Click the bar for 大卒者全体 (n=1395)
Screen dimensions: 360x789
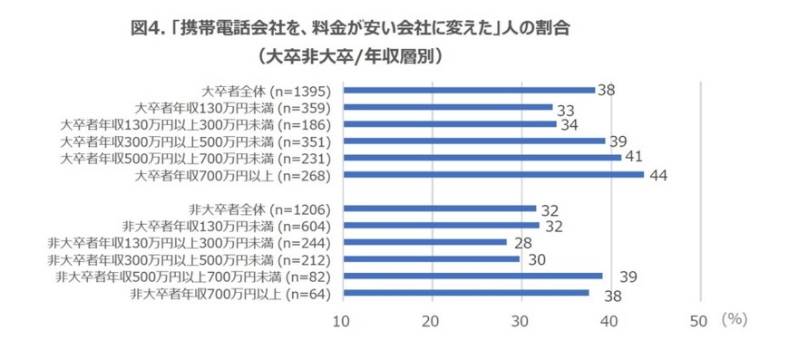[x=469, y=91]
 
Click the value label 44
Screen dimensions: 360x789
[x=659, y=175]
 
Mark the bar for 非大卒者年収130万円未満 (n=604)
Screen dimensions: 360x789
[x=442, y=225]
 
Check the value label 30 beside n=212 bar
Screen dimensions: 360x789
[x=536, y=260]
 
